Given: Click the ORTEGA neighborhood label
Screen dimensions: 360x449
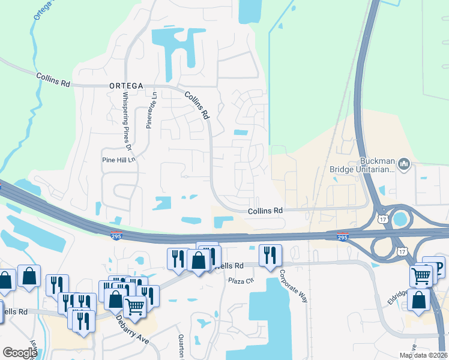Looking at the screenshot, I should tap(126, 86).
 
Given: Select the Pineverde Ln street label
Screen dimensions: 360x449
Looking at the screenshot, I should tap(151, 110).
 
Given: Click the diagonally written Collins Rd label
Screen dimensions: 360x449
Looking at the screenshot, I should tap(196, 104).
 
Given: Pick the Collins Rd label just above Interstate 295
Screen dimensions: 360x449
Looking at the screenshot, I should tap(265, 211).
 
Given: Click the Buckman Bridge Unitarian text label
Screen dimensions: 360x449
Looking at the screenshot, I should tap(362, 165).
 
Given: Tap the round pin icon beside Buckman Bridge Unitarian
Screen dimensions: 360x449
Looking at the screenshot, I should tap(404, 163).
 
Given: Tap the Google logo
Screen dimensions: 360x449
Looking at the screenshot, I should tap(20, 353).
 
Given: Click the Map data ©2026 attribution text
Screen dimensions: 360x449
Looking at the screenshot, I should tap(423, 355).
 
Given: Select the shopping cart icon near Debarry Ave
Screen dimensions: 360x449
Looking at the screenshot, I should tap(134, 306).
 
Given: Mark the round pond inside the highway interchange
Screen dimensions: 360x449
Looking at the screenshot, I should tap(398, 219).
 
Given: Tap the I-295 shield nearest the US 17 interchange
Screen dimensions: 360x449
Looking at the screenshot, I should tap(342, 236).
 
